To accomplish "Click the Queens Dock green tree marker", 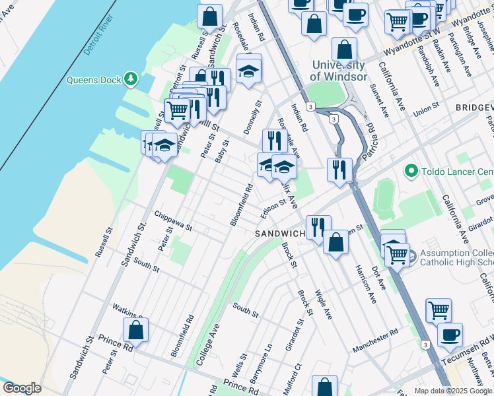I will (131, 80).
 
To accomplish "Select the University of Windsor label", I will (339, 71).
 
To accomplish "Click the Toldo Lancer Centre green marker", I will (411, 172).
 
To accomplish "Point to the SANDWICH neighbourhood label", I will (280, 234).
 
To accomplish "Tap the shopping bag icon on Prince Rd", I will (135, 330).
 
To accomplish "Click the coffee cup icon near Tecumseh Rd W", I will (450, 335).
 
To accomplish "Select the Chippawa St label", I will (172, 221).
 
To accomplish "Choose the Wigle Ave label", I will (323, 304).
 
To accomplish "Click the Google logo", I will (22, 388).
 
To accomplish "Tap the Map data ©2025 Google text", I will (453, 391).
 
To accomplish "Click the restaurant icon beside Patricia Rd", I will (339, 170).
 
